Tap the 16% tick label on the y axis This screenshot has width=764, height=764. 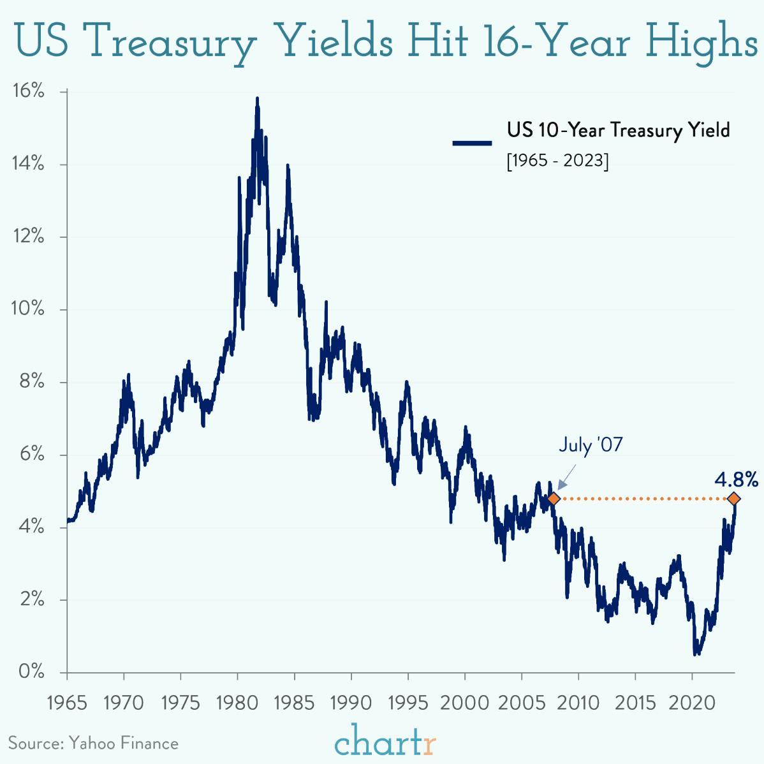click(x=29, y=91)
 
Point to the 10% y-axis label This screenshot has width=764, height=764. click(x=29, y=309)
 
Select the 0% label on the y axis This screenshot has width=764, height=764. click(x=31, y=672)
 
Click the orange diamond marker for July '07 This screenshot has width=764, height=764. click(x=554, y=498)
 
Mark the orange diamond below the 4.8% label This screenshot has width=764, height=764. click(x=734, y=498)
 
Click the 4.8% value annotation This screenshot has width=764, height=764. click(x=736, y=479)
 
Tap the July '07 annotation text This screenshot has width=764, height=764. click(x=591, y=444)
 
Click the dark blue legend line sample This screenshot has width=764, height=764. click(x=472, y=143)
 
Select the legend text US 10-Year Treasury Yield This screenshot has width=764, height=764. click(x=618, y=130)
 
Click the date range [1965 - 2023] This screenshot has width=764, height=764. click(x=557, y=160)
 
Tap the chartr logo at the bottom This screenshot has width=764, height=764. click(x=385, y=742)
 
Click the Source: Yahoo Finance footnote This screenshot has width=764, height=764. click(x=93, y=743)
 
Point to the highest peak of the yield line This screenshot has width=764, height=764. click(x=257, y=99)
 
